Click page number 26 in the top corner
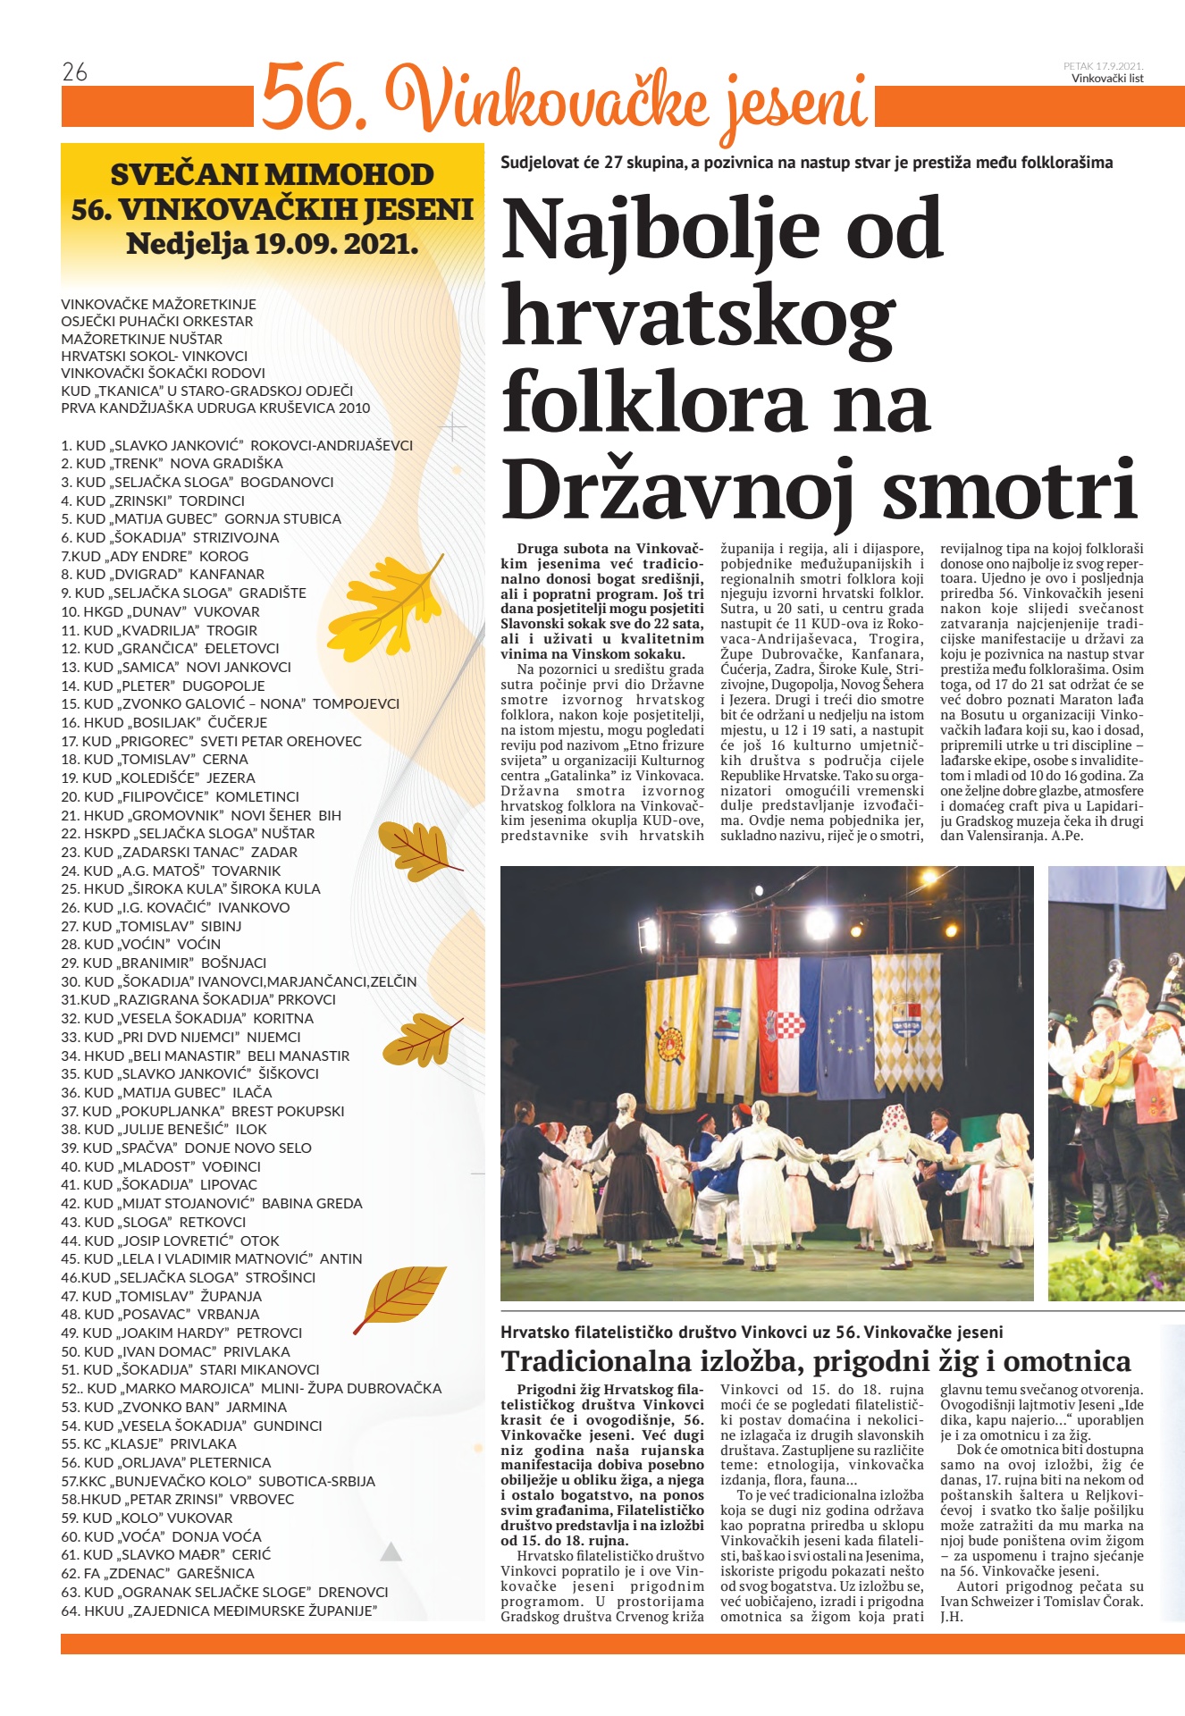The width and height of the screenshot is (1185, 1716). click(x=75, y=72)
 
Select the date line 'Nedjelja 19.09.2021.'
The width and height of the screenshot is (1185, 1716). click(x=273, y=243)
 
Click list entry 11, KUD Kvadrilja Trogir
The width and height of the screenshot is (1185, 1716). click(x=159, y=630)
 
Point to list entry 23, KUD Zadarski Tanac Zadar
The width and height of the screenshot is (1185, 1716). click(x=179, y=852)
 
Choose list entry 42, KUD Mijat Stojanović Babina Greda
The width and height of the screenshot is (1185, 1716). click(x=212, y=1203)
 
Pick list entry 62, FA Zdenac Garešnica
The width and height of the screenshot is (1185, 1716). click(x=157, y=1573)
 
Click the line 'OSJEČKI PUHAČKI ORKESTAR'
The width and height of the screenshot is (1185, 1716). click(x=157, y=321)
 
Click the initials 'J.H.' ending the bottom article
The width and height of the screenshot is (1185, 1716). click(x=952, y=1617)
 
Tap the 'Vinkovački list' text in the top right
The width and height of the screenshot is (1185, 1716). click(x=1107, y=79)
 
